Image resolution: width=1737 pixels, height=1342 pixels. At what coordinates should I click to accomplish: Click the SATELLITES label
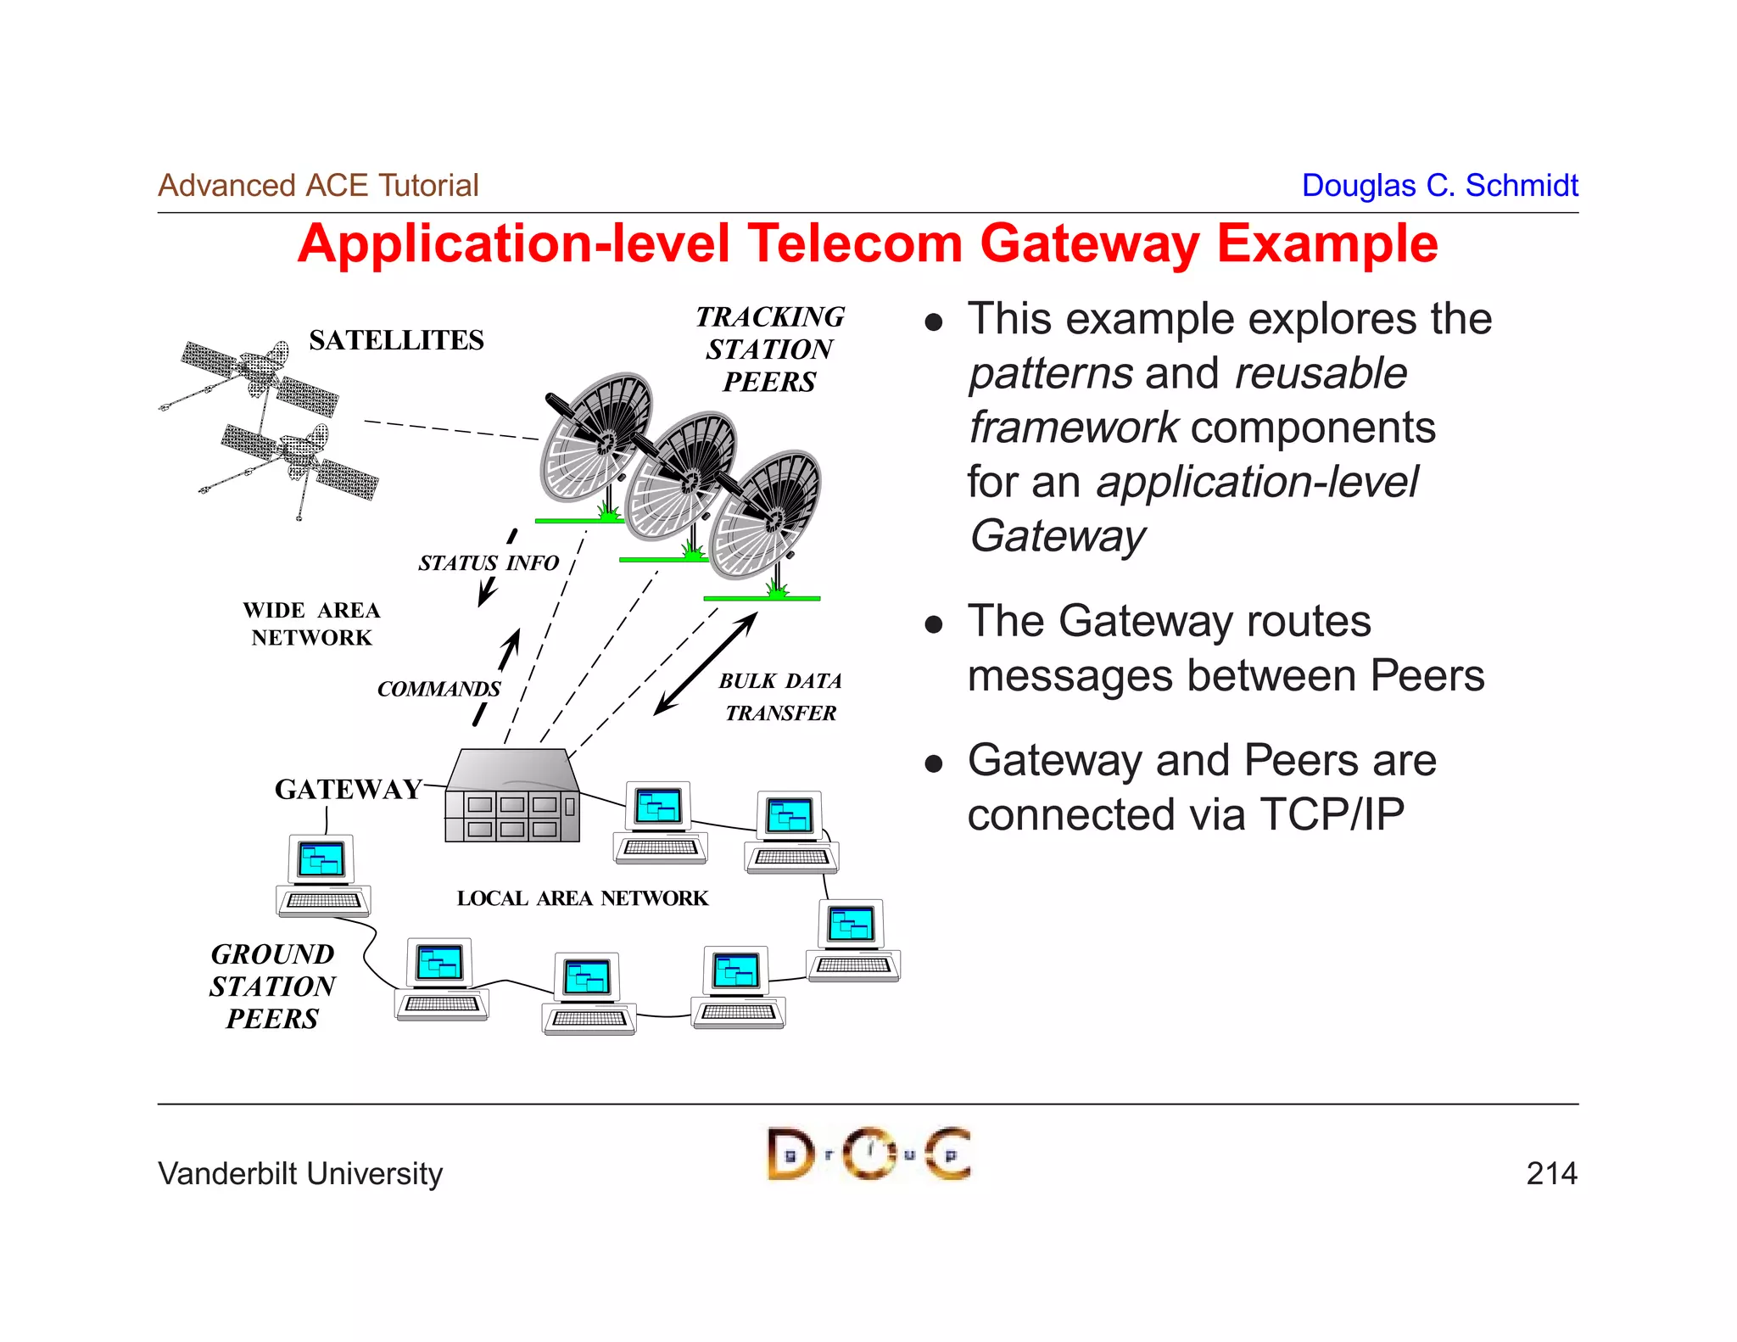point(396,340)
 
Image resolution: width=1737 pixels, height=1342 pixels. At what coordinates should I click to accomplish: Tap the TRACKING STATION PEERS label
point(769,349)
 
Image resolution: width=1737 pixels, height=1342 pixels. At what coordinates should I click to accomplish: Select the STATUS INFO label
point(489,563)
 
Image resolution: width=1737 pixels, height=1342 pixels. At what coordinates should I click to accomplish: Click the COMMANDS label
point(438,689)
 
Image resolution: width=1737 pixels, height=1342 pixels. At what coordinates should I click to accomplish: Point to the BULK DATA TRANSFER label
point(780,696)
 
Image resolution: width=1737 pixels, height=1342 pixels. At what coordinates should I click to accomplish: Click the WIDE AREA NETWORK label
point(311,623)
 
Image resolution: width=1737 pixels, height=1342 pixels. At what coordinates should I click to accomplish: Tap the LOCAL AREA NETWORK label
point(582,898)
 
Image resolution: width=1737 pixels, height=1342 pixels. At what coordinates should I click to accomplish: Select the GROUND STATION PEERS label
point(272,986)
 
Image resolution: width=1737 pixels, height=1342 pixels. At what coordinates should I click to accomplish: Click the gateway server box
point(512,797)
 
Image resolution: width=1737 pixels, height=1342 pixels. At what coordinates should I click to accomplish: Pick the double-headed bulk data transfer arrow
point(706,663)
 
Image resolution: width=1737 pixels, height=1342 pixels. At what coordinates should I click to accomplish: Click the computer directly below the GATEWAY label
point(323,875)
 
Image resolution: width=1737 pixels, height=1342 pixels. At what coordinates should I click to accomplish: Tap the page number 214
point(1551,1173)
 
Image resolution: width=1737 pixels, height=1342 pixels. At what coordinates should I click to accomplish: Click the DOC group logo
point(868,1154)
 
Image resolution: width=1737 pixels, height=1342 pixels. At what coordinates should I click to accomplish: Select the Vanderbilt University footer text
point(300,1174)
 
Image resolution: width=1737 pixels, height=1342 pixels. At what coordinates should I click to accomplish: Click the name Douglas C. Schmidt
point(1439,185)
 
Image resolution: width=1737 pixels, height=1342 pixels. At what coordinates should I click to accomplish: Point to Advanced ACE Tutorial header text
point(318,185)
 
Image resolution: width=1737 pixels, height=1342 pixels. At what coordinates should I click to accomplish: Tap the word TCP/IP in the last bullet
point(1332,814)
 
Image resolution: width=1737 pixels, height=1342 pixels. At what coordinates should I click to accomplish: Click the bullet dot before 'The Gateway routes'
point(934,625)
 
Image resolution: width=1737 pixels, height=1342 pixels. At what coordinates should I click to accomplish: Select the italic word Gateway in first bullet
point(1057,536)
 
